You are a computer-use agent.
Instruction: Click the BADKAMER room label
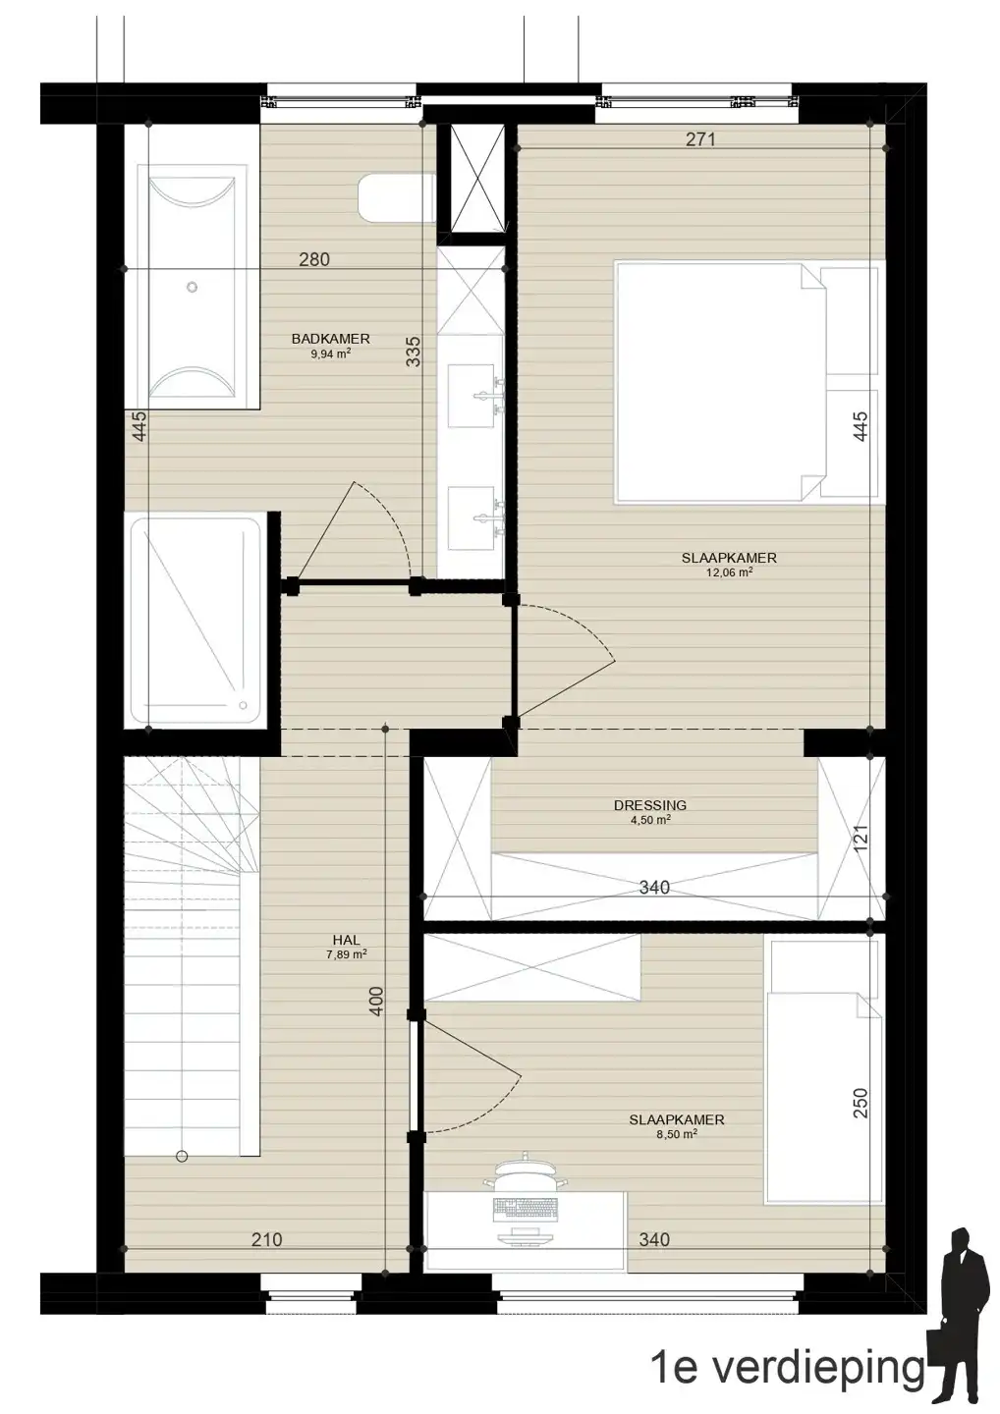[x=330, y=339]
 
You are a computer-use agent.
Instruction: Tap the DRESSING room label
[x=649, y=805]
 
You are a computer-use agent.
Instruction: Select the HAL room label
[x=347, y=941]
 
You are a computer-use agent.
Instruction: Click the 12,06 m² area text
[x=729, y=573]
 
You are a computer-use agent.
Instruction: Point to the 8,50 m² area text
[x=676, y=1133]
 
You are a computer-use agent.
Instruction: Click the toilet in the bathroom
[x=397, y=198]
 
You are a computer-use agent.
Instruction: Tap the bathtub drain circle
[x=192, y=287]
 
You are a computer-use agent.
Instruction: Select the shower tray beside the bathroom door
[x=194, y=621]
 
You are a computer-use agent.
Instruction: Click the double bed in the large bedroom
[x=748, y=383]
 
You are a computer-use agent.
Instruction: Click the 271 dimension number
[x=700, y=138]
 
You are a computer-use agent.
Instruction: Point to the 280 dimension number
[x=313, y=259]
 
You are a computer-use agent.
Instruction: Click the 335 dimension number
[x=413, y=351]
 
